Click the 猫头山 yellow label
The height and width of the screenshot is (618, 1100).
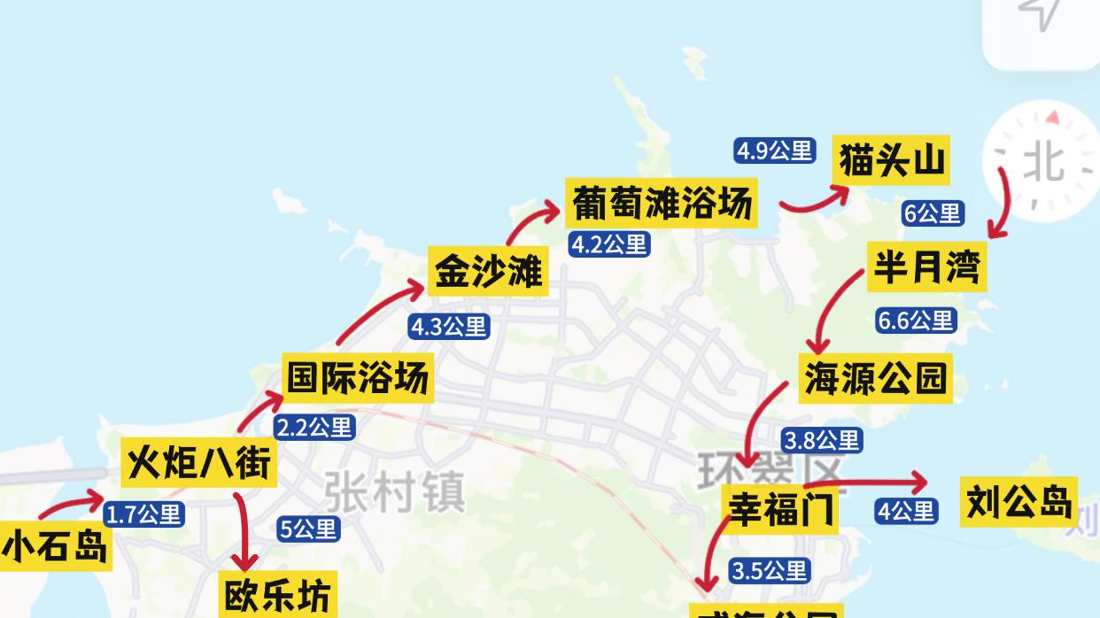(892, 161)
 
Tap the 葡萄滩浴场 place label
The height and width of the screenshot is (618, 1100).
(662, 203)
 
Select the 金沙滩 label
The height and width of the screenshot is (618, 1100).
(488, 271)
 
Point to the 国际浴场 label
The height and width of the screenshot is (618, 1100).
(358, 377)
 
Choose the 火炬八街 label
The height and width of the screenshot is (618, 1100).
(198, 462)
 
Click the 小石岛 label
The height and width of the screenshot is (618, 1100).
(55, 546)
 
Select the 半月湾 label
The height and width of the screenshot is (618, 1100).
(926, 266)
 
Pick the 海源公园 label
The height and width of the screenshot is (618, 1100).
(875, 378)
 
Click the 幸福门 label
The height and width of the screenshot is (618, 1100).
(779, 509)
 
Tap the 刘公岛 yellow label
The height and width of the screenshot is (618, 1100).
(1019, 501)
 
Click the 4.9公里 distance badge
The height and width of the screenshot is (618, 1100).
(774, 151)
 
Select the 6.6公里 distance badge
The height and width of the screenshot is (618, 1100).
(915, 320)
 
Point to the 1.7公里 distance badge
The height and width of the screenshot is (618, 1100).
(143, 514)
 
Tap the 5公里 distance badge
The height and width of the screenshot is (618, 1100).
(308, 529)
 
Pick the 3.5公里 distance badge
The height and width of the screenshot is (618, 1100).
(769, 571)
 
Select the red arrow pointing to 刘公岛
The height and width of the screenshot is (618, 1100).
(868, 483)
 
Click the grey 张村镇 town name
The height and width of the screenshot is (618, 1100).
(394, 491)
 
